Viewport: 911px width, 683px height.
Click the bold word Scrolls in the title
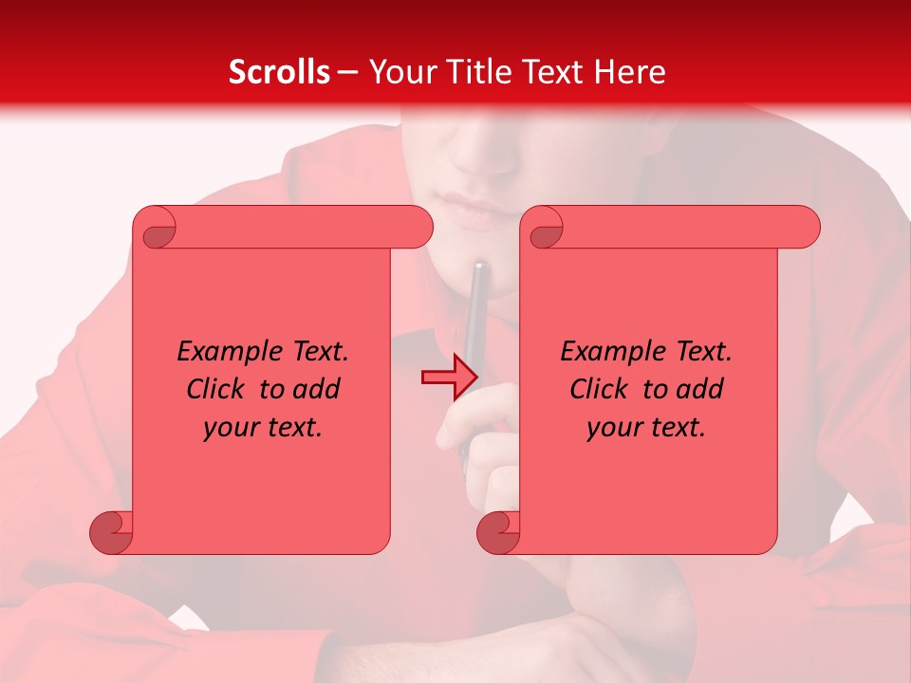(278, 71)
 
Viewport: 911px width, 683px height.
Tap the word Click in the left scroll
(215, 389)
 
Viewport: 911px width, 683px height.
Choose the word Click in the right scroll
(599, 389)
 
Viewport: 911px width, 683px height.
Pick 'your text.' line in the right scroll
(646, 427)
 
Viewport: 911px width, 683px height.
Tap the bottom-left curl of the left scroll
(112, 531)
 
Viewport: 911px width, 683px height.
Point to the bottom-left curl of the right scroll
(499, 531)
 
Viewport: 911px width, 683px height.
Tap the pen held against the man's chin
(478, 313)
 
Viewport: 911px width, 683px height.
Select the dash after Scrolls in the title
(347, 71)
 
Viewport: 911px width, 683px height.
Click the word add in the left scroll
(318, 389)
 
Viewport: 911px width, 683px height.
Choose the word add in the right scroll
(701, 389)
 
